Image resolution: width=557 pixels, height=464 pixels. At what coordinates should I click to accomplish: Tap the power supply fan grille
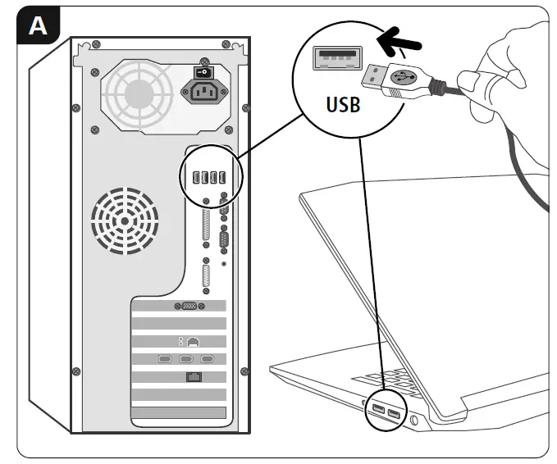click(x=135, y=89)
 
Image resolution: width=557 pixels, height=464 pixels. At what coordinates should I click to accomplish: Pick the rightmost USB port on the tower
click(x=223, y=178)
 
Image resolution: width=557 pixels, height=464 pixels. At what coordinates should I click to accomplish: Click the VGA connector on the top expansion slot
click(x=187, y=305)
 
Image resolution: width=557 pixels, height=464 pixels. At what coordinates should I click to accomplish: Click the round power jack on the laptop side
click(x=413, y=421)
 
